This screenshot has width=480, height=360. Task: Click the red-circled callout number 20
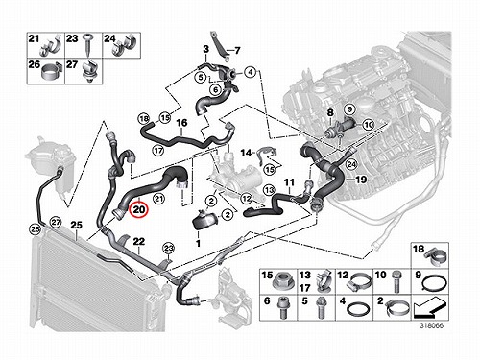(x=139, y=210)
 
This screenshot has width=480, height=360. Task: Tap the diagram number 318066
(x=432, y=325)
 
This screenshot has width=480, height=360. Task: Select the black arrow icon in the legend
(x=429, y=307)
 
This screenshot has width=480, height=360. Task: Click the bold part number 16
(x=181, y=123)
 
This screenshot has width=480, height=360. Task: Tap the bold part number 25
(x=76, y=225)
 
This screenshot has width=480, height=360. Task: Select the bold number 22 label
(x=139, y=241)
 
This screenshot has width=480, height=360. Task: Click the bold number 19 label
(x=361, y=180)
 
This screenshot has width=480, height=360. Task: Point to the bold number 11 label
(x=289, y=182)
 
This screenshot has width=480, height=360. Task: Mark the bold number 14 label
(x=246, y=153)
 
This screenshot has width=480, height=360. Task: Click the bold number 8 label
(x=330, y=112)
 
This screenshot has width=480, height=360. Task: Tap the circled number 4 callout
(x=251, y=73)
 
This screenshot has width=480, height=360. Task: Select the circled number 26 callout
(x=35, y=229)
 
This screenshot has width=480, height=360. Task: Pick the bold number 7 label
(x=237, y=51)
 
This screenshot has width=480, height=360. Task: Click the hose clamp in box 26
(x=51, y=73)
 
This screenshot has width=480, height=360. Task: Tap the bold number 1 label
(x=198, y=243)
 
